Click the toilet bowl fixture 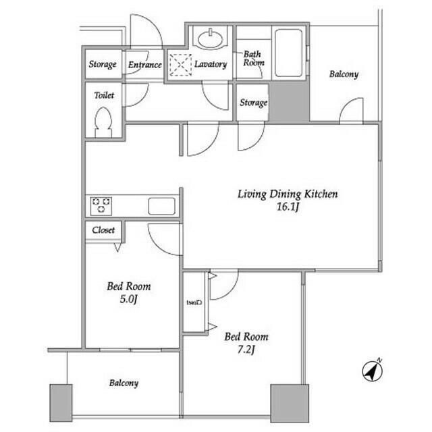pyautogui.click(x=103, y=124)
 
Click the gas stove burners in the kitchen pyautogui.click(x=102, y=205)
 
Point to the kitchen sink pyautogui.click(x=162, y=205)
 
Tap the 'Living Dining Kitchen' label pyautogui.click(x=287, y=194)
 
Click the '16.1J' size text pyautogui.click(x=287, y=209)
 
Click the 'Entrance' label pyautogui.click(x=144, y=65)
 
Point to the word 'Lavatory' pyautogui.click(x=210, y=64)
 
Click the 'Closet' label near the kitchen pyautogui.click(x=103, y=230)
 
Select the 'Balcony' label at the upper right pyautogui.click(x=344, y=74)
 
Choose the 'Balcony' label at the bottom pyautogui.click(x=124, y=383)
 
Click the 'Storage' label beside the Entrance pyautogui.click(x=103, y=65)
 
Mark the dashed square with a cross pyautogui.click(x=180, y=65)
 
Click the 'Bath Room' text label pyautogui.click(x=253, y=58)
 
